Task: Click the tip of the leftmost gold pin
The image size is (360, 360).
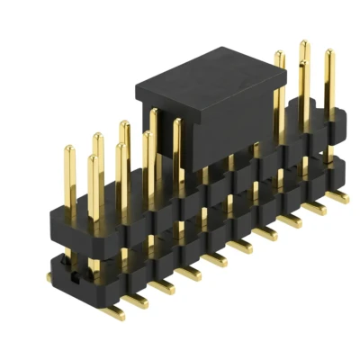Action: coord(67,148)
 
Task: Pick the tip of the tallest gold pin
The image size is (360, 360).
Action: coord(303,44)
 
